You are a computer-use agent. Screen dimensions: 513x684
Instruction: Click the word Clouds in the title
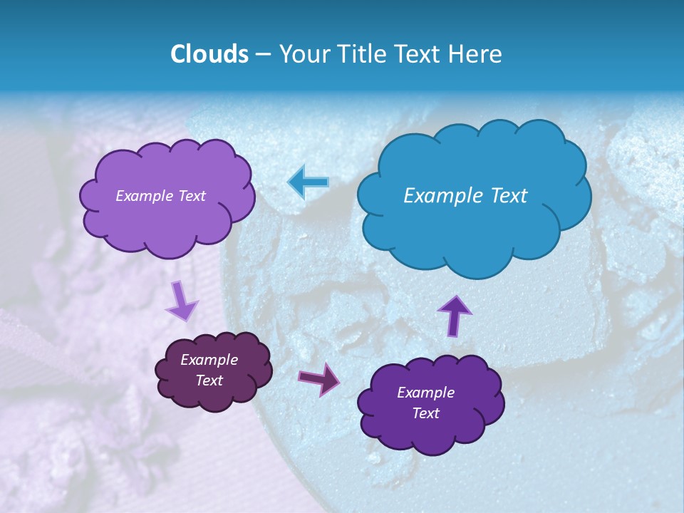(x=209, y=54)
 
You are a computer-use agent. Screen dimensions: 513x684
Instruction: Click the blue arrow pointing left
(x=309, y=182)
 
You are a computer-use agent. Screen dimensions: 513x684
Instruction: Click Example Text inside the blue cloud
(x=465, y=196)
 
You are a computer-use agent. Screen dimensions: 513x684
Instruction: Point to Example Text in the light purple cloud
(x=160, y=196)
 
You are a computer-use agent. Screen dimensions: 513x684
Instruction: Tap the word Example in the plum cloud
(x=209, y=360)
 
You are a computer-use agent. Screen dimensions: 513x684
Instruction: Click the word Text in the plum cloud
(x=209, y=380)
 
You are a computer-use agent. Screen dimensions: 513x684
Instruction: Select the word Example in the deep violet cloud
(x=425, y=393)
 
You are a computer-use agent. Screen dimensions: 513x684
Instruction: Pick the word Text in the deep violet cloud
(x=425, y=413)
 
